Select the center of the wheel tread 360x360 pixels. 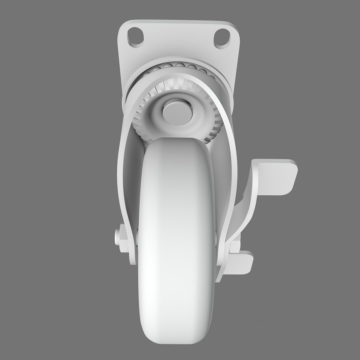[177, 233]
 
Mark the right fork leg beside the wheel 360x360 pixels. [223, 200]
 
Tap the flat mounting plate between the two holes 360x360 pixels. [178, 37]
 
